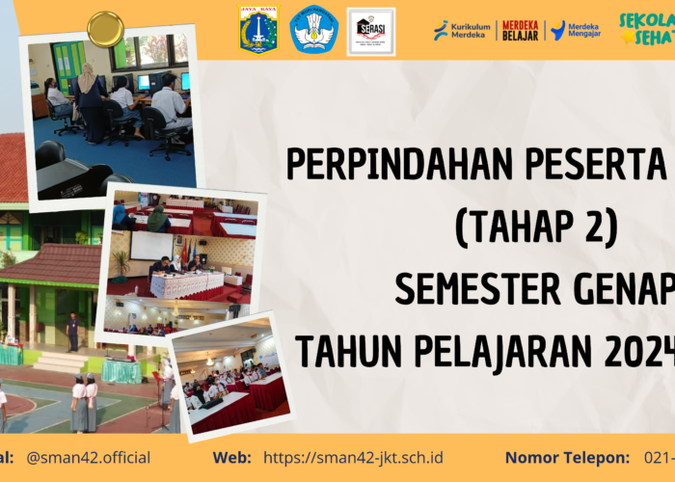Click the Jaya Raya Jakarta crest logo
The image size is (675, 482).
(258, 29)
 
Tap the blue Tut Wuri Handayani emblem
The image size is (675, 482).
(314, 29)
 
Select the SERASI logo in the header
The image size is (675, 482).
(370, 30)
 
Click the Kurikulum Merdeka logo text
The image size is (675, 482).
(462, 30)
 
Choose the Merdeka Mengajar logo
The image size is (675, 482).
(576, 30)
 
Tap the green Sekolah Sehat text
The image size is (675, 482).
(646, 29)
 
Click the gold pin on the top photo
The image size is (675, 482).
(104, 29)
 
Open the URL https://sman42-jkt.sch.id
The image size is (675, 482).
(353, 457)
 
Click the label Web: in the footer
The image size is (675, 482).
(232, 457)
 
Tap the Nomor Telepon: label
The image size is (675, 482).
(567, 457)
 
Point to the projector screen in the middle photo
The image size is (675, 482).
(151, 245)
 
